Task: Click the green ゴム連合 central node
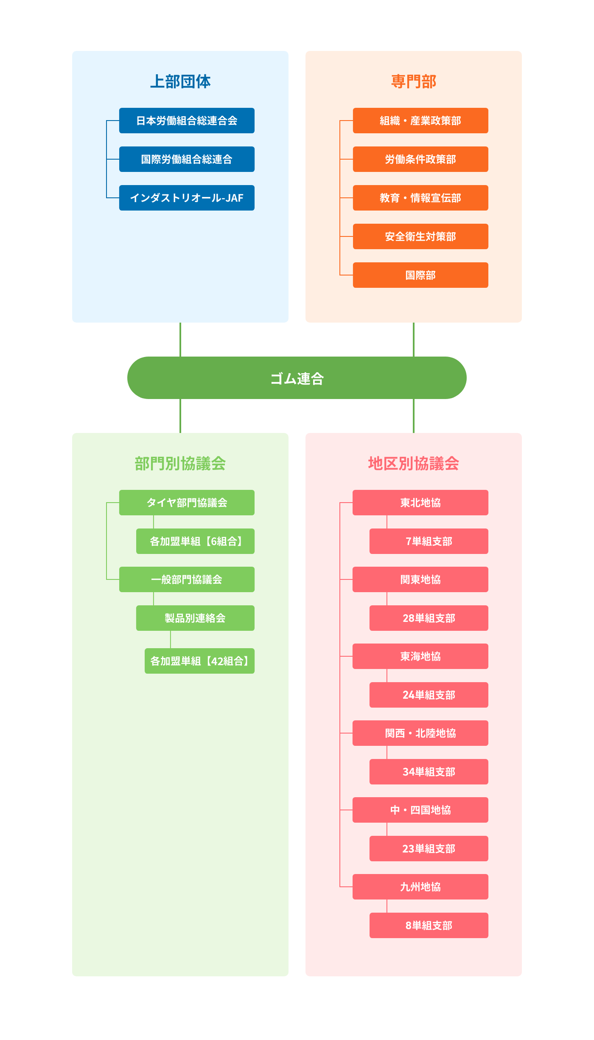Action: pos(297,378)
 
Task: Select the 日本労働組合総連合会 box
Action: pos(187,121)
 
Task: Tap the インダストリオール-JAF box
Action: pos(187,198)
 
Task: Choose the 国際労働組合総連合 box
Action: pos(187,159)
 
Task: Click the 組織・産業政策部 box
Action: pos(420,121)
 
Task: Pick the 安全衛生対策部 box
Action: pos(420,236)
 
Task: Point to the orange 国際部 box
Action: pos(420,275)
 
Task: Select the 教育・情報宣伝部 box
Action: pos(420,198)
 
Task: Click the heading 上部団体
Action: pos(180,81)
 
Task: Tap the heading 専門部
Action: pos(414,81)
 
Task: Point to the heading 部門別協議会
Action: pos(180,463)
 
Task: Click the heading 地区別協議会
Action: pos(414,463)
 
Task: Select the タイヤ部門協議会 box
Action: pos(187,503)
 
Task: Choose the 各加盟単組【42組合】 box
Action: pos(199,661)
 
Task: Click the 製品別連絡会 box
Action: pos(195,618)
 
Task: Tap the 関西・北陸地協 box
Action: pos(420,733)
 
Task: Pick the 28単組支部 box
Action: pos(429,618)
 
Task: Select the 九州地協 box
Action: pos(420,887)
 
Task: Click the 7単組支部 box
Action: pos(429,541)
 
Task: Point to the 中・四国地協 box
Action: pos(420,810)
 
